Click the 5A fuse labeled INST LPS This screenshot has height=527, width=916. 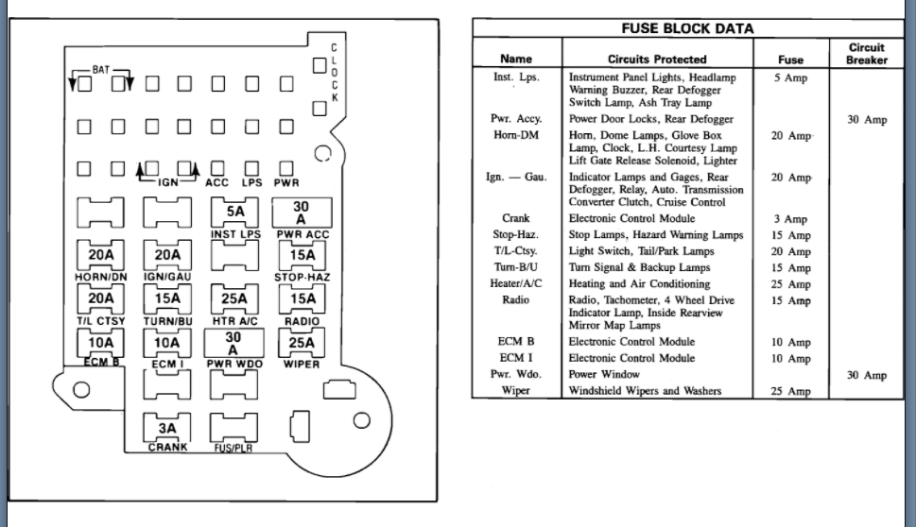click(234, 212)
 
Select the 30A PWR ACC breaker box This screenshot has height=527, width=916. click(301, 212)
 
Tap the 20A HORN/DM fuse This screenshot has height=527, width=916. click(100, 255)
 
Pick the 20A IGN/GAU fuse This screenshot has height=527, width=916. click(167, 255)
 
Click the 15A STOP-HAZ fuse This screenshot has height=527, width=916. click(302, 255)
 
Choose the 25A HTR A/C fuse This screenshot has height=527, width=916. click(234, 299)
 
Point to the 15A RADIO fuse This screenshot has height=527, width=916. click(302, 299)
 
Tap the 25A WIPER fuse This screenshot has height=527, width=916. click(302, 343)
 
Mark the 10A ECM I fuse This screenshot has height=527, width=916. click(167, 343)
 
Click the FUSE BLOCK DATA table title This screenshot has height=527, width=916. click(687, 28)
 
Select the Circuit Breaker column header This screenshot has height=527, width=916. click(867, 54)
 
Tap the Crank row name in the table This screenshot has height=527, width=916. click(516, 218)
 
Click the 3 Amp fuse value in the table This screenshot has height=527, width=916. click(790, 219)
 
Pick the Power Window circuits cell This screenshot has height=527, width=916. click(604, 375)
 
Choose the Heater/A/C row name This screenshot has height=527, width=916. click(516, 283)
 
